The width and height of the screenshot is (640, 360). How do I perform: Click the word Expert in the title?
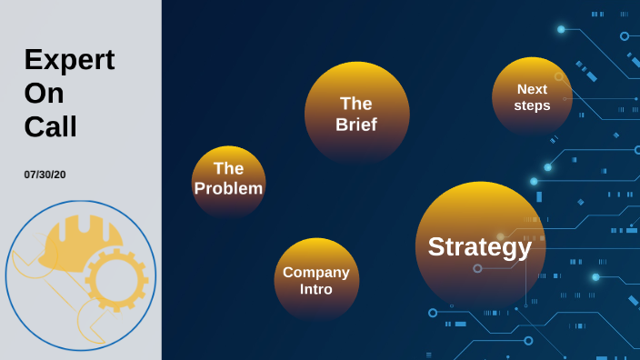69,60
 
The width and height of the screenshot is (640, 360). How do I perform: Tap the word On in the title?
45,94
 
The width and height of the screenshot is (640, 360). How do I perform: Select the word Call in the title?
50,126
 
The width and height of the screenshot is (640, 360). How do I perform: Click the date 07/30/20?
45,175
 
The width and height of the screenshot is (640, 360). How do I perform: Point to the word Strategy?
480,246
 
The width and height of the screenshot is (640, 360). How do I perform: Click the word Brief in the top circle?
356,125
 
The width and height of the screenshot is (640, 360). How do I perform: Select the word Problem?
228,188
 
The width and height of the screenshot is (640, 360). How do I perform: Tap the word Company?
316,272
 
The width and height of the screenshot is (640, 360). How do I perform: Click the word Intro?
316,289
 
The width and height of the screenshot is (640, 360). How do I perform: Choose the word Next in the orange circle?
532,89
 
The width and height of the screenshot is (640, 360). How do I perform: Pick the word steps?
532,105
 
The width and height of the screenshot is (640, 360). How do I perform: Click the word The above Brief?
356,104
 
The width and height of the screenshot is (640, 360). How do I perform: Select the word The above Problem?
228,168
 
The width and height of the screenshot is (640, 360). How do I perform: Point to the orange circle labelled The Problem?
228,205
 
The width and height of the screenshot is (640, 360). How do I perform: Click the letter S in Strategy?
436,246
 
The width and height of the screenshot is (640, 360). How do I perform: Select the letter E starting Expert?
33,60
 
